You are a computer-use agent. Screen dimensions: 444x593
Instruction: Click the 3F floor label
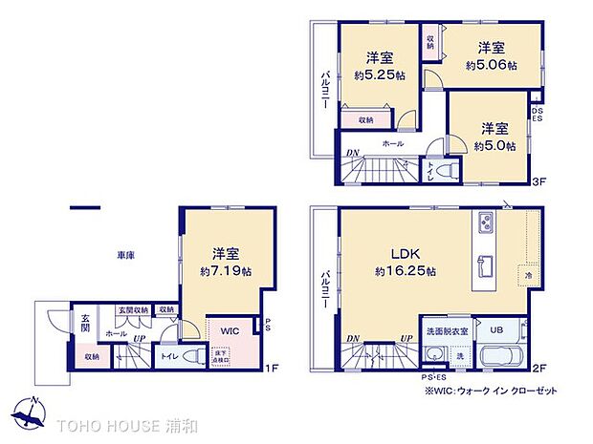pos(538,180)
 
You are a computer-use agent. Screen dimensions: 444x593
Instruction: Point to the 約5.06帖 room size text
pos(492,65)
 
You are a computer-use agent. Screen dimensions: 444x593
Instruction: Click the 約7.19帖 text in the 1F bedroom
pos(226,272)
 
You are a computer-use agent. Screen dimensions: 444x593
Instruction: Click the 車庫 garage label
pos(124,256)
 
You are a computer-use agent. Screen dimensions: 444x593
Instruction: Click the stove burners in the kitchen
pos(484,224)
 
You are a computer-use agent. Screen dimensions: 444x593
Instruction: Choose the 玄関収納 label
pos(130,309)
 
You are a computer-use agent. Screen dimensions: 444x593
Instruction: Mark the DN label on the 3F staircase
pos(353,153)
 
